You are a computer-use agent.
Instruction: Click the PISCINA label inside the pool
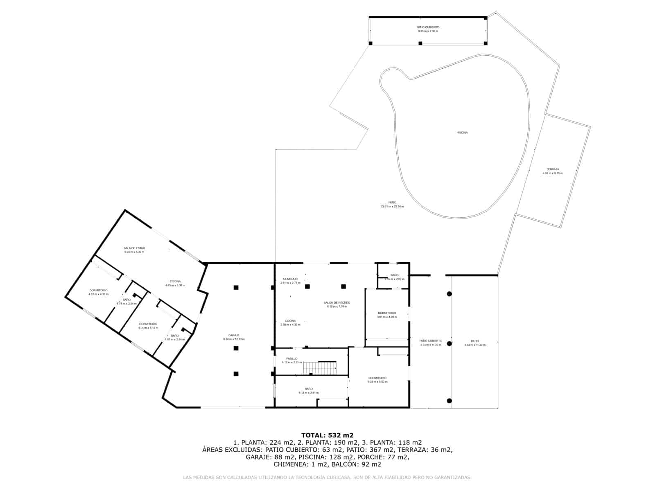pos(462,133)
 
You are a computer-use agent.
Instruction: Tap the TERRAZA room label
pos(552,169)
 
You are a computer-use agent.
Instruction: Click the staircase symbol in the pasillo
pos(320,367)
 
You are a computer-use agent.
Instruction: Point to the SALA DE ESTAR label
pos(134,248)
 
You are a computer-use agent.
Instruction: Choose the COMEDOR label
pos(290,279)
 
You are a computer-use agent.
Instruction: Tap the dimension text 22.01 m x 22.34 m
pos(392,207)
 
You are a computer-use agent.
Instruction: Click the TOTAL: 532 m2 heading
pos(327,435)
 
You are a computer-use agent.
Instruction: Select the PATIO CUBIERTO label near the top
pos(428,27)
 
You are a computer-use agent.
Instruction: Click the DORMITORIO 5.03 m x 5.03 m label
pos(377,378)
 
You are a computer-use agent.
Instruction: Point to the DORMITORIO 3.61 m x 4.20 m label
pos(386,313)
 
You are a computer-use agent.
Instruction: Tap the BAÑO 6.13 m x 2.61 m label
pos(309,389)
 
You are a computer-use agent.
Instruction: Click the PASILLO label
pos(291,358)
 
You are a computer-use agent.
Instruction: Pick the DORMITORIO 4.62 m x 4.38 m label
pos(98,290)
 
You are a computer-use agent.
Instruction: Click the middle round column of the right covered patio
pos(449,344)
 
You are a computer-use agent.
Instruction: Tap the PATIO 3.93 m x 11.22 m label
pos(474,341)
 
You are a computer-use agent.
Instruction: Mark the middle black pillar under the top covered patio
pos(420,43)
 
